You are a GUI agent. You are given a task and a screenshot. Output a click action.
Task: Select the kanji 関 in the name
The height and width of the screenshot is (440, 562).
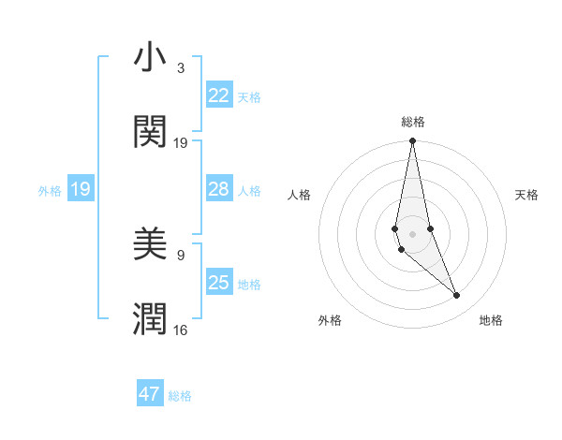point(150,133)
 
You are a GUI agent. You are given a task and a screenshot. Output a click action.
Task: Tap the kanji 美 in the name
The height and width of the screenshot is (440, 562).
point(150,246)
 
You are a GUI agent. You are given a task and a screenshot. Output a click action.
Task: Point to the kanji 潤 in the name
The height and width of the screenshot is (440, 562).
point(150,319)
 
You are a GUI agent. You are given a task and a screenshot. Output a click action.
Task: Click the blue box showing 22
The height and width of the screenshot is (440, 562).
point(218,95)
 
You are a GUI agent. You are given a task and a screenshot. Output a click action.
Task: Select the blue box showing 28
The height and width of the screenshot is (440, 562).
point(218,189)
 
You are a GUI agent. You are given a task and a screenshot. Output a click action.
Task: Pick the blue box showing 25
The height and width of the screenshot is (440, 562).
point(218,283)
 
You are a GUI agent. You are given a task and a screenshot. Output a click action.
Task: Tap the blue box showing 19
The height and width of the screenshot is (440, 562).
point(80,189)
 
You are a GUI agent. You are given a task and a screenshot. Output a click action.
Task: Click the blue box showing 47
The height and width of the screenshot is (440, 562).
point(150,394)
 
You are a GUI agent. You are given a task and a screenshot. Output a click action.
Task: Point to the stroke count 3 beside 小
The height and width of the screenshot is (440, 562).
point(181,68)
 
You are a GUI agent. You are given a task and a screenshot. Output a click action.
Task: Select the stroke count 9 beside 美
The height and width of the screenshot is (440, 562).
point(181,255)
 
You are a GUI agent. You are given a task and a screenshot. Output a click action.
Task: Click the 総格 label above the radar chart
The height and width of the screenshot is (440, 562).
point(413,122)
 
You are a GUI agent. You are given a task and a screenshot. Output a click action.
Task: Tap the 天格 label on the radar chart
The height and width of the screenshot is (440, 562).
point(527,195)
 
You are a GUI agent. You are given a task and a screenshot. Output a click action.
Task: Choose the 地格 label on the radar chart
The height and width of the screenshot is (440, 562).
point(491,320)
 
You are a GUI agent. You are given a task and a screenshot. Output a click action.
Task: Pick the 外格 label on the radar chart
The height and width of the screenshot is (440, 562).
point(330,320)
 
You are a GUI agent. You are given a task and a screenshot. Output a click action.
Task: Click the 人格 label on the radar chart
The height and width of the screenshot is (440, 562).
point(299,195)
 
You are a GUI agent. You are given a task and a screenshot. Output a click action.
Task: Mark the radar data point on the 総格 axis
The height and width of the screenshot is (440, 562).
point(412,141)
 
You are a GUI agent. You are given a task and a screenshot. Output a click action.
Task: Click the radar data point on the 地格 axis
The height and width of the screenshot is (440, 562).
point(457,296)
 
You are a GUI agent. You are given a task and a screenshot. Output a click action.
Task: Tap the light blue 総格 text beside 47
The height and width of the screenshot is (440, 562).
point(180,396)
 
